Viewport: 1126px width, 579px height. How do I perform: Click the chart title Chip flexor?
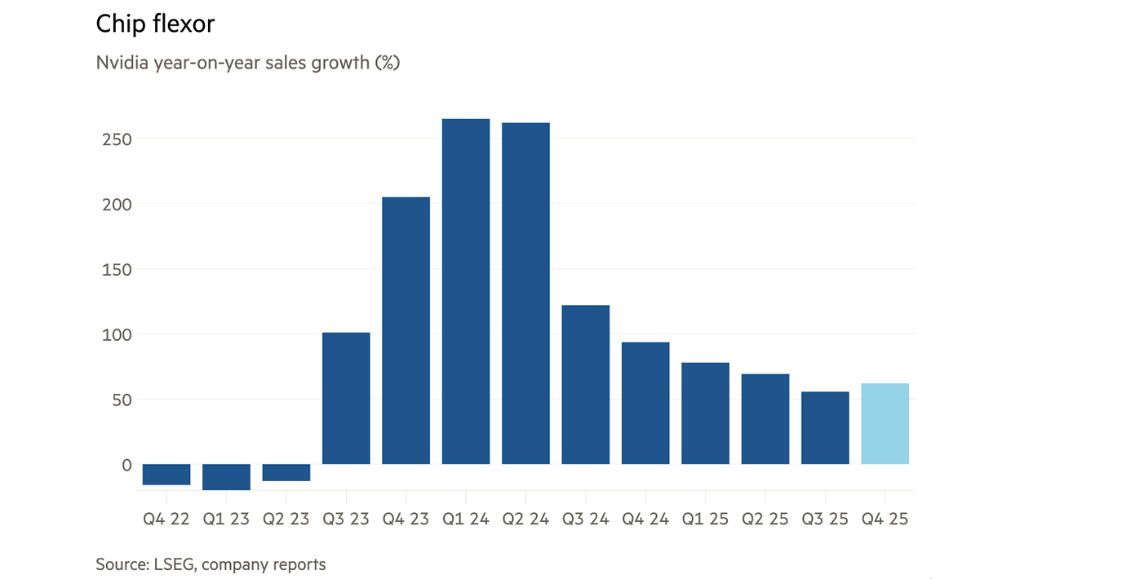155,24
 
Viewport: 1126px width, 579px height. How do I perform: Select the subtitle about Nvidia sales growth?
247,63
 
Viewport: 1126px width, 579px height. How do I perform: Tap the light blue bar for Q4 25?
885,423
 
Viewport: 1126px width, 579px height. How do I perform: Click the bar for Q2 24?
525,294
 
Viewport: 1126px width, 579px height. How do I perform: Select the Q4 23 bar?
406,330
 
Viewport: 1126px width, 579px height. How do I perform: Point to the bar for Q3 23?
346,398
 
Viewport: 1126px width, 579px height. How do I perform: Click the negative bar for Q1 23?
226,477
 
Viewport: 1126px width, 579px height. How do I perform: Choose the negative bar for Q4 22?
166,475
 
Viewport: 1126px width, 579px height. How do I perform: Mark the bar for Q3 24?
586,384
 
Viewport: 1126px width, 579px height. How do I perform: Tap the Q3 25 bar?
825,428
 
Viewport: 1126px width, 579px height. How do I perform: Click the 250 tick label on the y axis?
116,139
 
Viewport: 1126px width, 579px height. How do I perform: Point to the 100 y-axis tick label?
116,334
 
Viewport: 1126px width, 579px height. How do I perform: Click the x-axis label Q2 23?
286,519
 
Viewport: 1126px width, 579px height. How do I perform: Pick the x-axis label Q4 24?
645,519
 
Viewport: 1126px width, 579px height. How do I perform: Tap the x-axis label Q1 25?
705,519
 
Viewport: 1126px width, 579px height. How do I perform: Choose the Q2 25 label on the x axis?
765,519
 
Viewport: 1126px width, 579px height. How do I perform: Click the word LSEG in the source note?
171,564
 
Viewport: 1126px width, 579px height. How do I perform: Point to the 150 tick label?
116,269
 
